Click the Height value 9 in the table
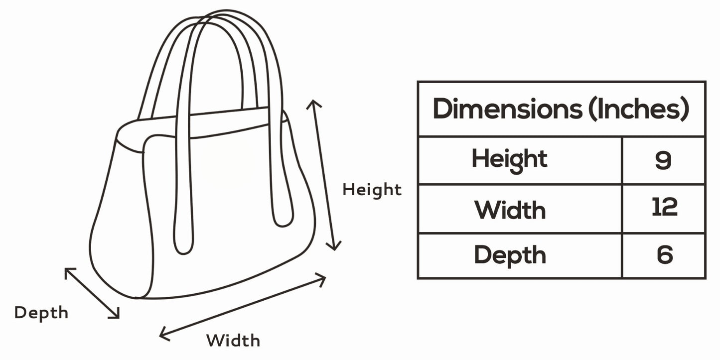(663, 160)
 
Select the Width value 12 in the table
(665, 207)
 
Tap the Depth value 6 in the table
(665, 254)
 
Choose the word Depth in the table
(510, 255)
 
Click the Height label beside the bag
(372, 190)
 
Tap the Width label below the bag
(233, 341)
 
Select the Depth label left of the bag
(41, 313)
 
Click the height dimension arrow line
(324, 174)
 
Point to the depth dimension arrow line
(92, 293)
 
